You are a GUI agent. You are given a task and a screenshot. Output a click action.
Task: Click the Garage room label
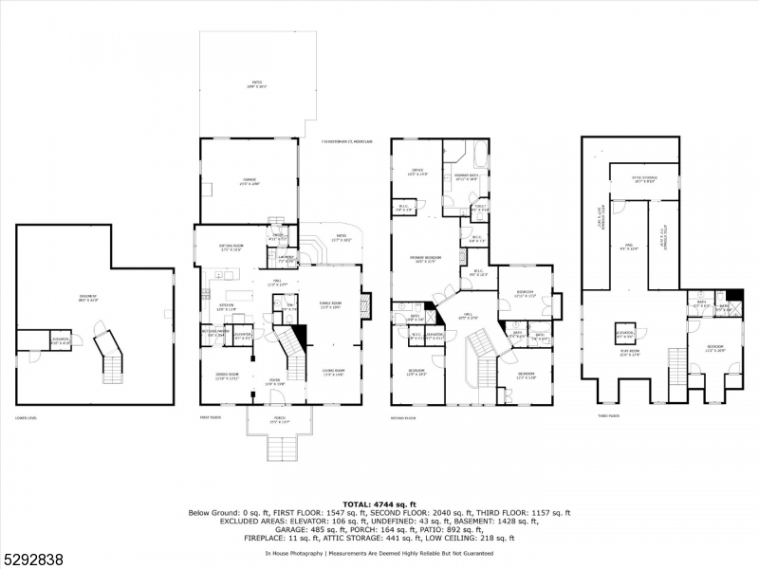click(x=250, y=181)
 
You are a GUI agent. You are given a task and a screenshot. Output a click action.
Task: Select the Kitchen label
click(x=226, y=307)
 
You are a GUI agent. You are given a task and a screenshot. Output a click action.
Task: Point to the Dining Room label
click(x=227, y=376)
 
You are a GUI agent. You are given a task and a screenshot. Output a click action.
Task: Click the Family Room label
click(x=330, y=304)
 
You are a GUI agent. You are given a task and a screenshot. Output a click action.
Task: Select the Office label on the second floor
click(x=416, y=173)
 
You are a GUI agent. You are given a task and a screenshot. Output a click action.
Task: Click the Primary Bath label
click(x=465, y=176)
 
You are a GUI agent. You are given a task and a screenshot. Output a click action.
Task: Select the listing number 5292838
click(x=33, y=559)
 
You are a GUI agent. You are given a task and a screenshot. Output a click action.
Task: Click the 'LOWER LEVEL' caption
click(x=28, y=418)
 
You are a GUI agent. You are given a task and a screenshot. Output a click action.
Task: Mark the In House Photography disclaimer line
click(x=379, y=553)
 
